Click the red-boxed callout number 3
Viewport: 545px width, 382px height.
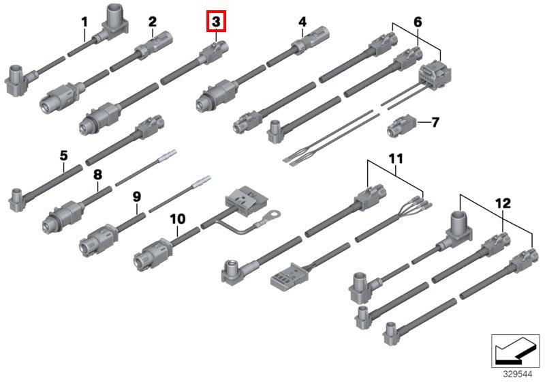(216, 21)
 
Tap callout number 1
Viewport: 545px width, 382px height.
(84, 23)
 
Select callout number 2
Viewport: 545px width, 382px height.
(153, 22)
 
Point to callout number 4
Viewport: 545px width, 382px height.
(302, 22)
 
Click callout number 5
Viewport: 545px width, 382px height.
(63, 156)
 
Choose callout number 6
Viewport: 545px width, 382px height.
(418, 22)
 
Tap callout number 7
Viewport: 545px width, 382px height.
(435, 122)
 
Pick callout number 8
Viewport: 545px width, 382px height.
(97, 174)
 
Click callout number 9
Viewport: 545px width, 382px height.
(137, 196)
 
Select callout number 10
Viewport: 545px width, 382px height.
(178, 219)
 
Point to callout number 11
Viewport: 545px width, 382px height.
(396, 159)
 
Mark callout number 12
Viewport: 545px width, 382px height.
(503, 203)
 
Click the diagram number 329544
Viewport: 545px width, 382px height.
(518, 374)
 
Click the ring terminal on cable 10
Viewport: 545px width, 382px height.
(272, 215)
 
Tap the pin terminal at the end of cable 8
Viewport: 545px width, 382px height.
(168, 156)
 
